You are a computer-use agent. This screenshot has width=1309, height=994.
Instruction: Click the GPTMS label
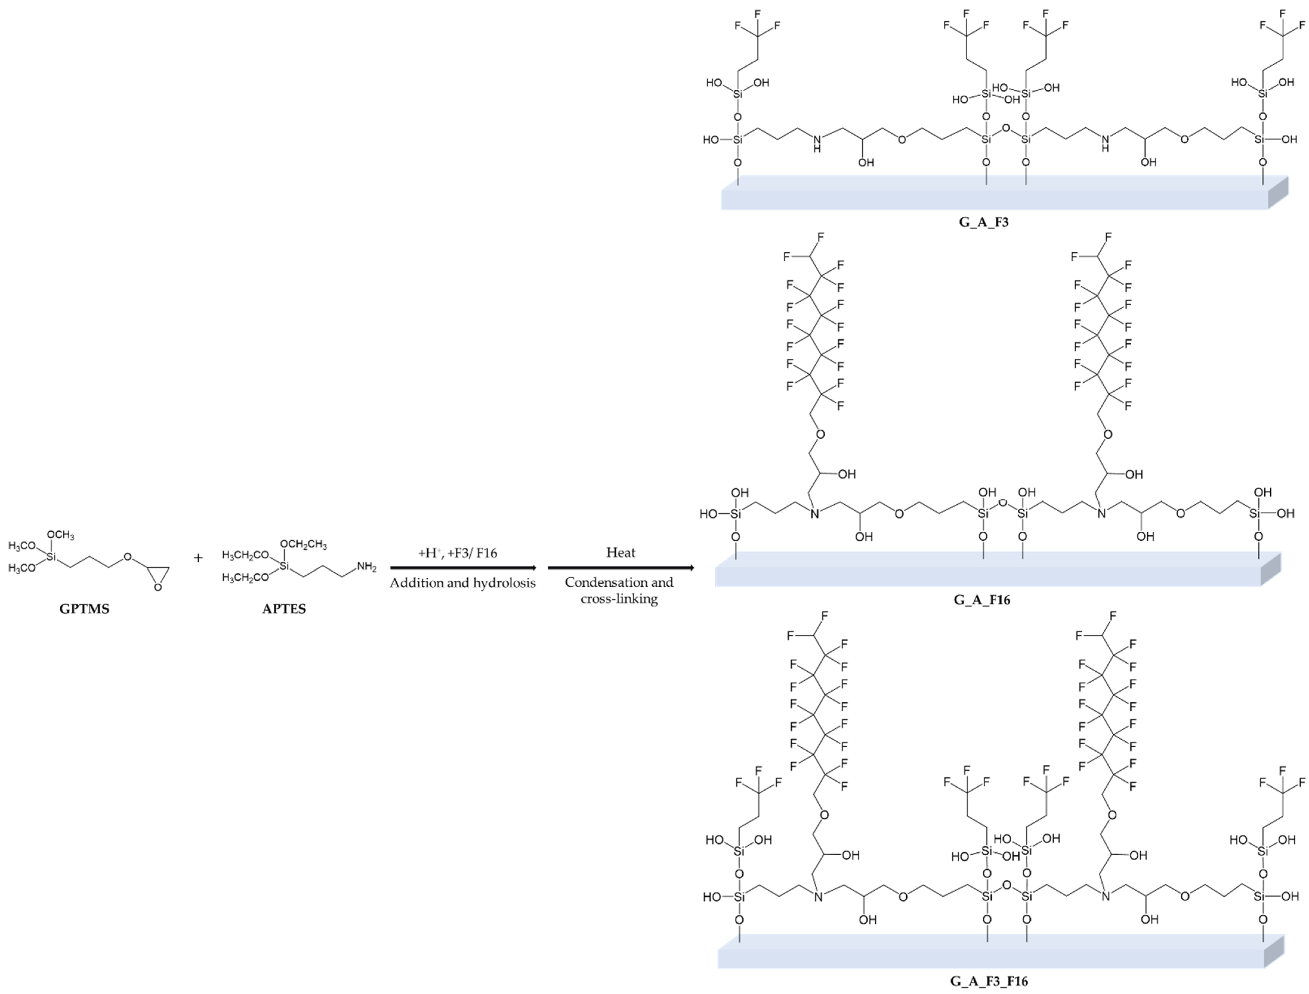84,609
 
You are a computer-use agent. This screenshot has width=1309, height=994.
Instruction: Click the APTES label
284,609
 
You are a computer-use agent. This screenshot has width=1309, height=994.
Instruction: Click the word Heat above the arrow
620,553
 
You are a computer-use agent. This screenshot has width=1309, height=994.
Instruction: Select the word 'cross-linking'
619,599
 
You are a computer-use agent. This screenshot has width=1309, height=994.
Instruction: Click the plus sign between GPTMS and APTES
198,557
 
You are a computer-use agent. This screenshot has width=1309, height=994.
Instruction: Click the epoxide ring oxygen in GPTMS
157,588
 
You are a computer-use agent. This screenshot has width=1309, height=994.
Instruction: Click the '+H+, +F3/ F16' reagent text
458,553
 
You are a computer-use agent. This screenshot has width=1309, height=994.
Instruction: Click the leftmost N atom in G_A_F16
814,514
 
